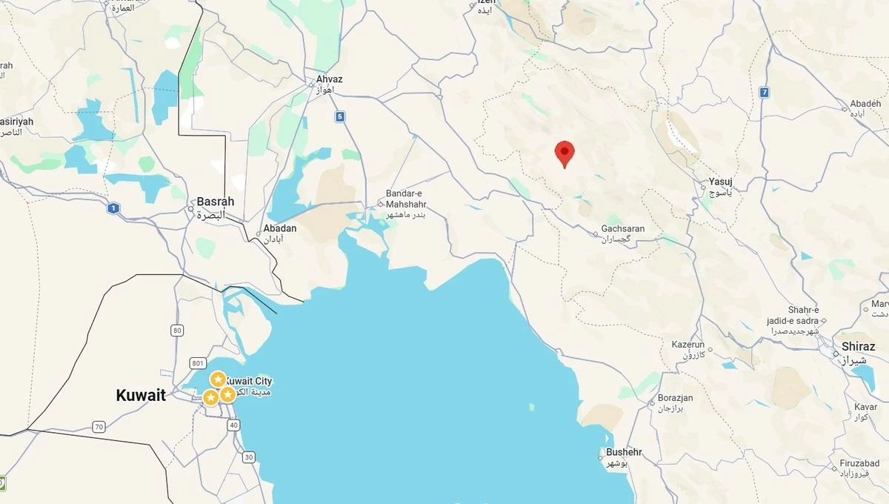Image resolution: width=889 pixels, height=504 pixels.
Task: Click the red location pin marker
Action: (565, 153)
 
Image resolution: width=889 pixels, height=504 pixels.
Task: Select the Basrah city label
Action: (215, 202)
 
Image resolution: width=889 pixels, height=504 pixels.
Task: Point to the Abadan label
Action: (280, 228)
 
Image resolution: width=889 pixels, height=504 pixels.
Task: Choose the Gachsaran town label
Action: (623, 229)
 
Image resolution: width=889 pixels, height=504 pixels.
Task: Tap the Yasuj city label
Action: (720, 182)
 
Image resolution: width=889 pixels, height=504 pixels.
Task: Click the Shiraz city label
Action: (858, 347)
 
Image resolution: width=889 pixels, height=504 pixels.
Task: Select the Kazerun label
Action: (687, 345)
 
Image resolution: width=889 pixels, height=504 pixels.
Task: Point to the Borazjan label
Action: (675, 398)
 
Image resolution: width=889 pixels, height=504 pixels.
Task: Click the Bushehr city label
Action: (624, 452)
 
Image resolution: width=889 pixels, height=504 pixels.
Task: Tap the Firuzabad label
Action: (859, 464)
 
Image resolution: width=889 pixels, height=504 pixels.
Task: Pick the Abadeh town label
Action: (865, 104)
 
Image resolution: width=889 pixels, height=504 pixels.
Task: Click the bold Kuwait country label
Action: (141, 396)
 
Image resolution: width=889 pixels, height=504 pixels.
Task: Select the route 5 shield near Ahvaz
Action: (340, 116)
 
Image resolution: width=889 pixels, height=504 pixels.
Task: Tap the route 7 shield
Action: (764, 93)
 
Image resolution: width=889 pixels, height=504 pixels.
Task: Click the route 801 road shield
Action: (197, 363)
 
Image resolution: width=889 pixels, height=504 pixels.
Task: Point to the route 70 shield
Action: (99, 427)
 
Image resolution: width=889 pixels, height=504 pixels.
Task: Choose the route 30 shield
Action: (248, 457)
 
